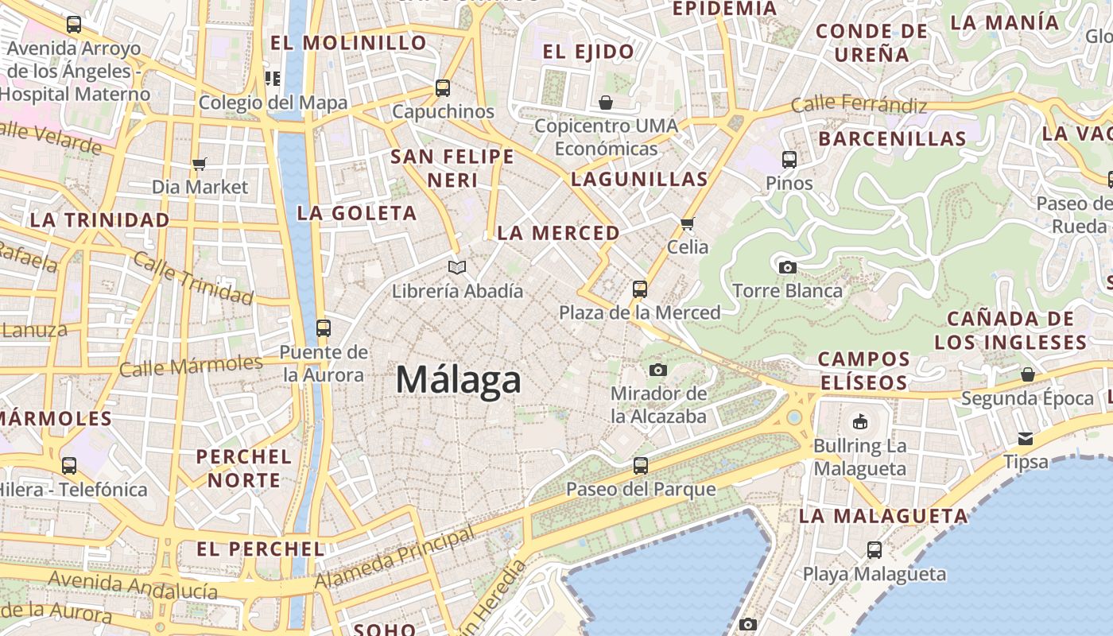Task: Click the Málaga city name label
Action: (459, 379)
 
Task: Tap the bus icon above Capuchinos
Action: (443, 88)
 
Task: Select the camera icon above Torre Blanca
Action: (787, 267)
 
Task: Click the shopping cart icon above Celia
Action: (688, 223)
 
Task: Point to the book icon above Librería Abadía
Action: (457, 267)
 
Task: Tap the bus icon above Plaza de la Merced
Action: (640, 289)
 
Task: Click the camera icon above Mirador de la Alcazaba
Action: (657, 370)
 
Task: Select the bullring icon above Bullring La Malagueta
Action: (859, 421)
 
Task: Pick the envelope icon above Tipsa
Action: (1026, 438)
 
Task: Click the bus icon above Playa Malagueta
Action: (874, 549)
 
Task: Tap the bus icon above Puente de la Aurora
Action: (323, 328)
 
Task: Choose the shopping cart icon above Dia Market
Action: (200, 164)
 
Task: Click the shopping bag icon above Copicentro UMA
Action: (606, 103)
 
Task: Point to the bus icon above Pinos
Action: (789, 160)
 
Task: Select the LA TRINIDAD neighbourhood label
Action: (99, 219)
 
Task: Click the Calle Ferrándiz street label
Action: (859, 104)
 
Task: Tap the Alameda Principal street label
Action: (395, 558)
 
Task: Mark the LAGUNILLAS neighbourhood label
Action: (639, 179)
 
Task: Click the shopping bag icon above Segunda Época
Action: (1027, 374)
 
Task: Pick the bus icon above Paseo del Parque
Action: (640, 466)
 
